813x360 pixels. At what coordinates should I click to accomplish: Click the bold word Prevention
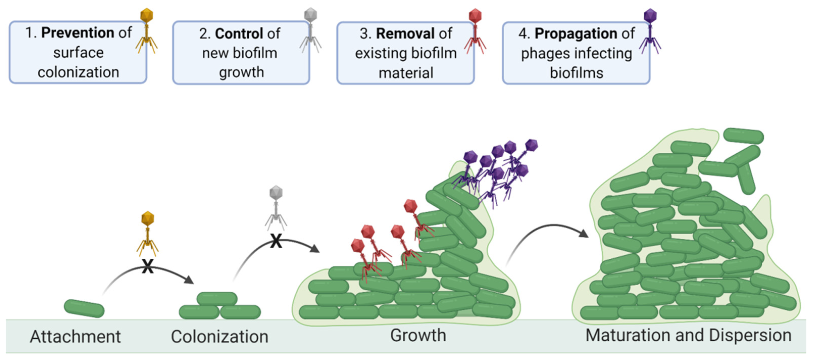[x=78, y=33]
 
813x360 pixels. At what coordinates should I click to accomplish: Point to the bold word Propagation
[x=576, y=33]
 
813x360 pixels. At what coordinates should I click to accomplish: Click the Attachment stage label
[x=75, y=336]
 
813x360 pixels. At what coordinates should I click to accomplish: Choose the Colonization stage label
[x=219, y=336]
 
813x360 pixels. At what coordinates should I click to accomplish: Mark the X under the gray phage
[x=276, y=241]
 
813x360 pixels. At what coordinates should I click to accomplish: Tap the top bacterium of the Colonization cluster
[x=217, y=298]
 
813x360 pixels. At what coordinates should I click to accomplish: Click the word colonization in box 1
[x=78, y=72]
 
